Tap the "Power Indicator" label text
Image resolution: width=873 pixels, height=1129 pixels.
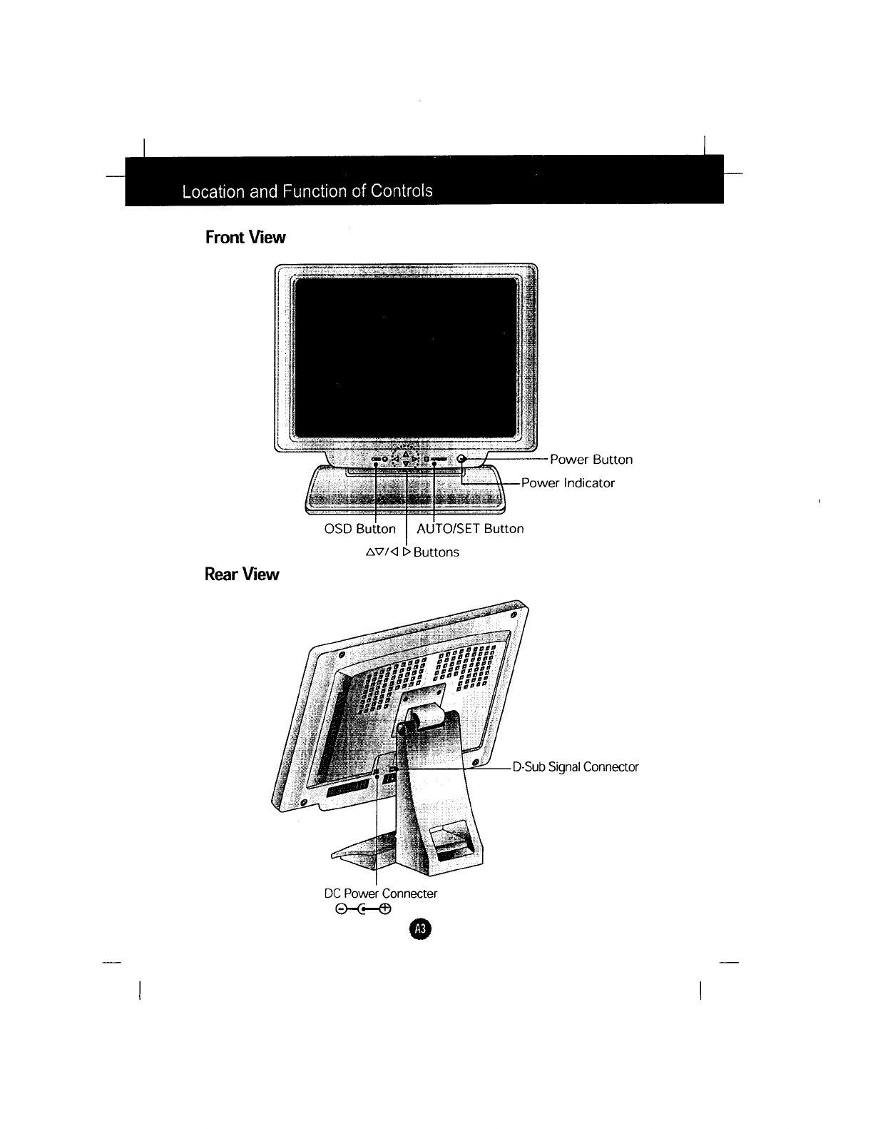pos(568,483)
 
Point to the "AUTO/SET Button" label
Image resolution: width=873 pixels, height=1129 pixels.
pos(470,529)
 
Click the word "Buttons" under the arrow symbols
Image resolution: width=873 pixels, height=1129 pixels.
pos(436,552)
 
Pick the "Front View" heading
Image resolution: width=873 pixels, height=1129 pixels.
pos(245,237)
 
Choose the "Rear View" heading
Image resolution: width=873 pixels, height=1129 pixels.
pos(242,574)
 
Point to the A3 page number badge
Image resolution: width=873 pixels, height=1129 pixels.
pos(419,929)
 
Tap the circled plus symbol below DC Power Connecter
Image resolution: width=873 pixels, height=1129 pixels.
pos(385,909)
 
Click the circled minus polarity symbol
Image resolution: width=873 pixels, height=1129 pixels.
pos(341,909)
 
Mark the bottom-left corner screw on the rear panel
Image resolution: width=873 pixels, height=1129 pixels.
pos(303,804)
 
